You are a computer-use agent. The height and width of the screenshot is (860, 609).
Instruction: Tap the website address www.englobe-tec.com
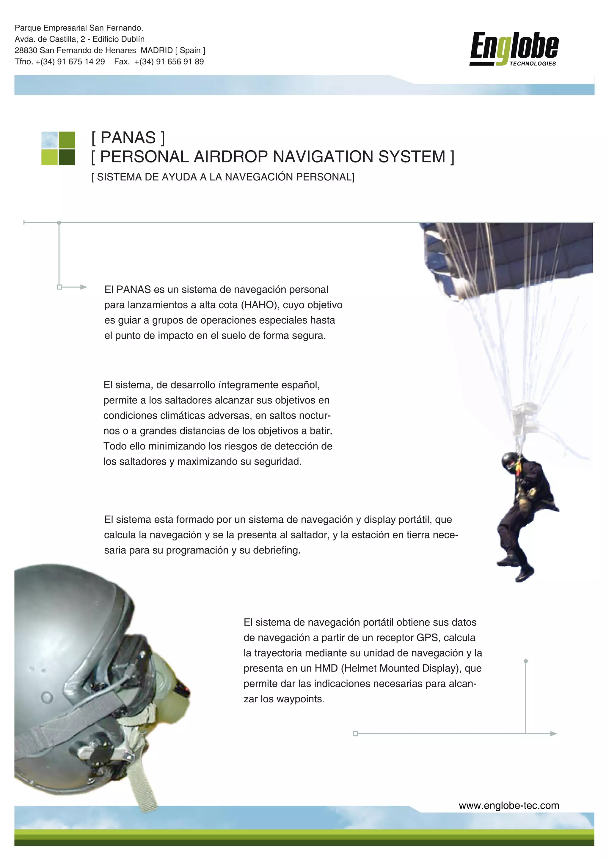click(x=509, y=805)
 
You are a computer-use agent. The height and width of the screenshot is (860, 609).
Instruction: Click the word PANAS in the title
click(x=128, y=138)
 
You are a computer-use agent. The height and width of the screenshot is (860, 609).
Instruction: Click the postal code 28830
click(x=26, y=50)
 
